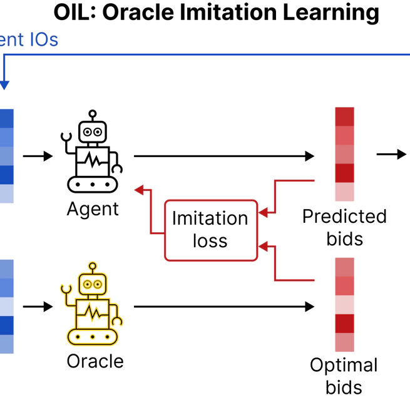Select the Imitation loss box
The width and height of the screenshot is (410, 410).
coord(210,230)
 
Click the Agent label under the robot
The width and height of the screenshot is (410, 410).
coord(93,208)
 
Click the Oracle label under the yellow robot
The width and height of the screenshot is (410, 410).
coord(95,361)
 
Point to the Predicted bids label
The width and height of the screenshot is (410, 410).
coord(344,227)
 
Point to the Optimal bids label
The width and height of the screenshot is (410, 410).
coord(344,376)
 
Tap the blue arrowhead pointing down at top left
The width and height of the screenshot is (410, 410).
coord(5,85)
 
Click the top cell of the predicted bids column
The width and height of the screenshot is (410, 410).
coord(344,117)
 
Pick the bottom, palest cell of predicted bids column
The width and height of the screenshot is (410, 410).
coord(344,192)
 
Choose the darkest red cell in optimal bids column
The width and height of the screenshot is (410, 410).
coord(344,324)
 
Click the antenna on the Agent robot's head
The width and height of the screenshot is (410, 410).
coord(93,115)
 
